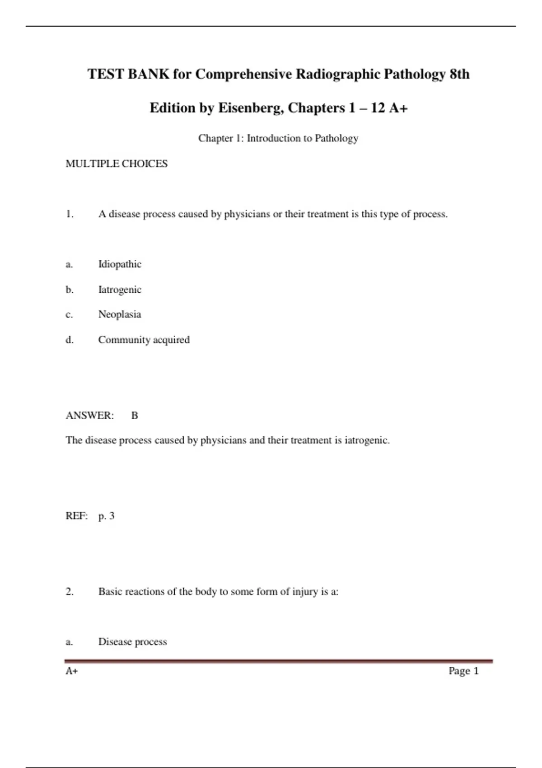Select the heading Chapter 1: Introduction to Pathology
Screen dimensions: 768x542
pyautogui.click(x=278, y=138)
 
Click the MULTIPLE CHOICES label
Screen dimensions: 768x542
pyautogui.click(x=117, y=164)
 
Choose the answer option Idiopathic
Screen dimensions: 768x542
pyautogui.click(x=120, y=264)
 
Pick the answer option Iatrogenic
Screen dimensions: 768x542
pyautogui.click(x=120, y=290)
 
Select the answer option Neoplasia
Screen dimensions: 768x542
pyautogui.click(x=120, y=314)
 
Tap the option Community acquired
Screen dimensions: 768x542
pyautogui.click(x=144, y=340)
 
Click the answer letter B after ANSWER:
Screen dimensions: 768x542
pyautogui.click(x=135, y=416)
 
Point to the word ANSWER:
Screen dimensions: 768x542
pyautogui.click(x=90, y=416)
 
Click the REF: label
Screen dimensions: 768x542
pyautogui.click(x=76, y=516)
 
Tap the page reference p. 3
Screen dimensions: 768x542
pyautogui.click(x=107, y=516)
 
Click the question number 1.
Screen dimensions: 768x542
pyautogui.click(x=70, y=214)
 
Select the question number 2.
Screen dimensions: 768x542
pyautogui.click(x=70, y=592)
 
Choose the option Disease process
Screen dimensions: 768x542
pyautogui.click(x=132, y=642)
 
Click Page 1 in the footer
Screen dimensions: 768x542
pyautogui.click(x=463, y=671)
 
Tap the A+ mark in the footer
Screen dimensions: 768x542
pyautogui.click(x=72, y=671)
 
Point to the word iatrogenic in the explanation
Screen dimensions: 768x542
pyautogui.click(x=366, y=440)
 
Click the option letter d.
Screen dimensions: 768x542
pyautogui.click(x=70, y=340)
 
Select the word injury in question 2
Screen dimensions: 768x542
pyautogui.click(x=305, y=592)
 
